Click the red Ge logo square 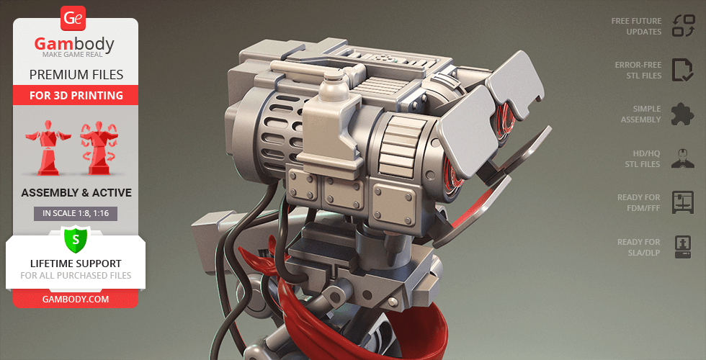(73, 19)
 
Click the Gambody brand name (74, 44)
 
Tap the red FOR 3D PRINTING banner (76, 95)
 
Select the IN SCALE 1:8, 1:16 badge (76, 213)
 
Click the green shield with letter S (76, 239)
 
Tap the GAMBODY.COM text (76, 299)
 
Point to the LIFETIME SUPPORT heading (76, 264)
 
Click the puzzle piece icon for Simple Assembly (683, 114)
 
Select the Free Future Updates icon (684, 26)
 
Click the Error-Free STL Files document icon (683, 71)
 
